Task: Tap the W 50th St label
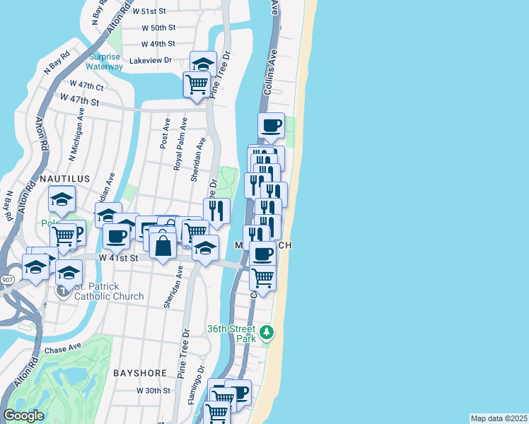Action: click(x=158, y=28)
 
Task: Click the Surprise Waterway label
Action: click(x=105, y=61)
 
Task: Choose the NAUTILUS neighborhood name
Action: click(x=64, y=179)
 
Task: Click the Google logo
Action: click(x=23, y=416)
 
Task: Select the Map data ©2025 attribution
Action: click(x=499, y=418)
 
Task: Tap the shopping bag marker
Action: click(x=163, y=247)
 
